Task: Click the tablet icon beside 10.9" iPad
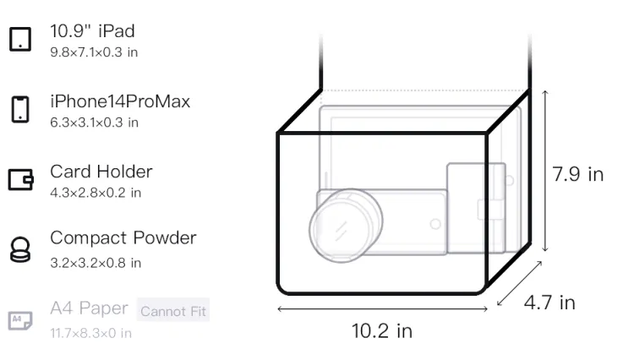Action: click(20, 39)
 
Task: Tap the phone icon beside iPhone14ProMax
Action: click(20, 109)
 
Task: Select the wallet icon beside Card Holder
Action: click(20, 179)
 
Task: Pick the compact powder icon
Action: click(20, 249)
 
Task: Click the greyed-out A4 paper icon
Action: click(20, 320)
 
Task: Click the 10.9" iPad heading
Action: click(92, 31)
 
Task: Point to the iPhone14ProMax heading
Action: click(120, 101)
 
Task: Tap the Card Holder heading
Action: click(101, 172)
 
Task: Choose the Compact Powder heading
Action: click(123, 238)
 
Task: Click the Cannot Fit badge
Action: click(173, 310)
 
